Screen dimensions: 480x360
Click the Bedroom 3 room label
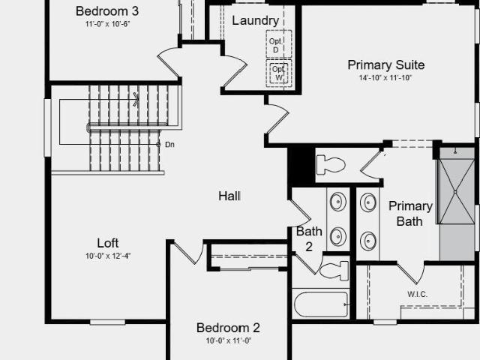pos(107,11)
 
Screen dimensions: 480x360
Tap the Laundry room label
pos(255,21)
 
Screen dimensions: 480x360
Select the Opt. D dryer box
pos(278,44)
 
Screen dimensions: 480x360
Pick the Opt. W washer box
pos(278,73)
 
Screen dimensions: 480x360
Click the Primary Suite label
pos(386,65)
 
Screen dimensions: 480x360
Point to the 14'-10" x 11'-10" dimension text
pos(385,78)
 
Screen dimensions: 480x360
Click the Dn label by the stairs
pos(169,145)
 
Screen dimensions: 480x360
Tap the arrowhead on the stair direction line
pos(136,100)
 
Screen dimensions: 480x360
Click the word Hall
pos(229,196)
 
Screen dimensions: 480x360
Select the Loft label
pos(108,243)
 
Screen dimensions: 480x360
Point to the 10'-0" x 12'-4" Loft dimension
pos(108,256)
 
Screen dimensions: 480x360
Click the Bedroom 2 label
pos(228,328)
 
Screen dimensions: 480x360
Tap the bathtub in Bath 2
pos(321,304)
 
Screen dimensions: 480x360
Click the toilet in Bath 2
pos(334,271)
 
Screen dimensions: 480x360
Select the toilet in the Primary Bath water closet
pos(331,165)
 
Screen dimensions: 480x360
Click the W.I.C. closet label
pos(417,295)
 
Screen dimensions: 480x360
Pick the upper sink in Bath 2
pos(338,202)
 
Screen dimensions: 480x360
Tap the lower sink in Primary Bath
pos(368,241)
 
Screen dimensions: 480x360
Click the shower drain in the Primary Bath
pos(455,192)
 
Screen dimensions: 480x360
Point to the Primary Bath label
pos(410,214)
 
